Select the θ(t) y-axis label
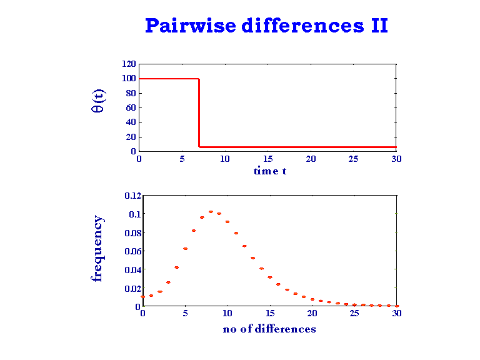coord(99,101)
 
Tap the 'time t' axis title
coord(270,171)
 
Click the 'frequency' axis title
coord(97,249)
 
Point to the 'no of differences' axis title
coord(269,329)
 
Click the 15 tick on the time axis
coord(267,159)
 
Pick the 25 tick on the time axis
coord(353,159)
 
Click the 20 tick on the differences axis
coord(312,314)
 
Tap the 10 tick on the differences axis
coord(227,314)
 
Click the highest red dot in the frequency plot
coord(211,212)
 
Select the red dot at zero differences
coord(143,297)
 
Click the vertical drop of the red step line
coord(199,112)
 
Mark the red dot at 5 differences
coord(186,249)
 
